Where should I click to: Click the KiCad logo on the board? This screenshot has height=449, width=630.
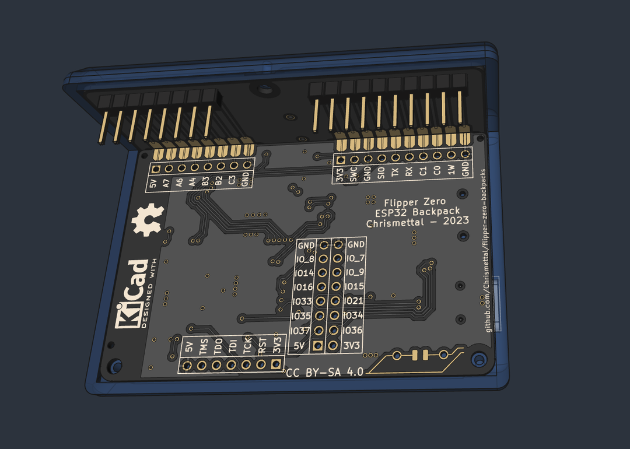132,294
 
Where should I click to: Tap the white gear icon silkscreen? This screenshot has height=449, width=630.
146,219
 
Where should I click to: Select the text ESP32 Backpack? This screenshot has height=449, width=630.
417,212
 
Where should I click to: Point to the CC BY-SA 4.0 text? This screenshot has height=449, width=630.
324,372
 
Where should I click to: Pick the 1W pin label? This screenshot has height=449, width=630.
451,170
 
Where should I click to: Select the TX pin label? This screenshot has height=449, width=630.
395,173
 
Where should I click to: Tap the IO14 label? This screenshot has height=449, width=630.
305,273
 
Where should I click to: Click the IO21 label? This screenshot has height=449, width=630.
354,301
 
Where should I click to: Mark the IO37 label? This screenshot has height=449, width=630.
300,331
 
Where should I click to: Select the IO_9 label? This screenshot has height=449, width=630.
355,272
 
